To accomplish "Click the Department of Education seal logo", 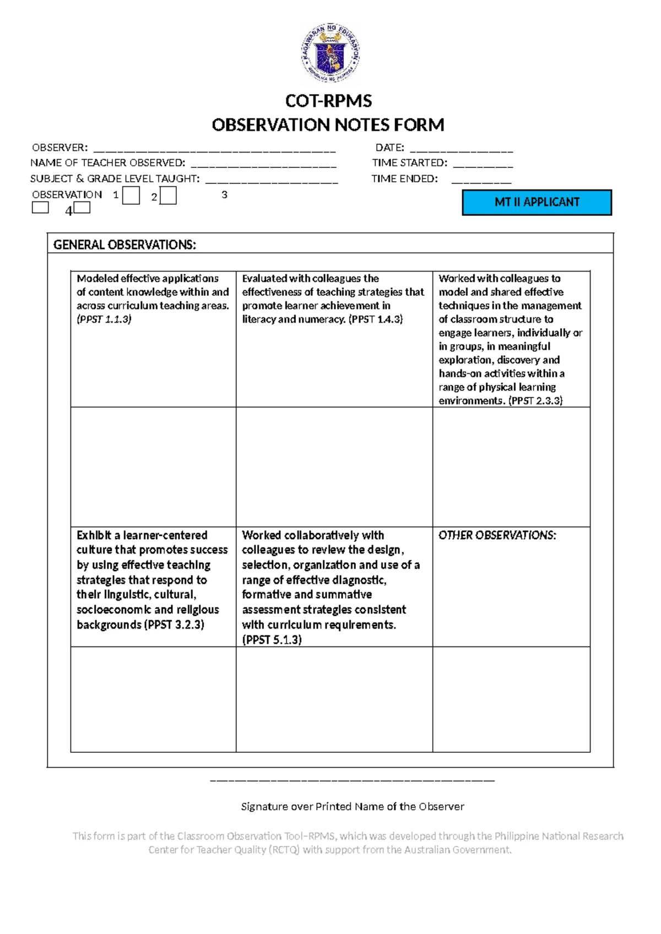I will point(330,53).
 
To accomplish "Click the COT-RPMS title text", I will point(328,101).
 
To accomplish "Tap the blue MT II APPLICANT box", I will point(537,202).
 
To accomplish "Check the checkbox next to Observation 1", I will point(131,196).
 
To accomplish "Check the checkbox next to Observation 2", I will point(168,196).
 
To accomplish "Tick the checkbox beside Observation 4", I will point(82,208).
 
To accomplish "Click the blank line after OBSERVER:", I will point(214,149).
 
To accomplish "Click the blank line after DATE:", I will point(462,149).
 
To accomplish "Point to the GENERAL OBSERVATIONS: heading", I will point(124,245).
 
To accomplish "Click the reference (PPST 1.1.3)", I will point(104,319).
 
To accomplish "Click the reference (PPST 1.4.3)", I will point(376,319).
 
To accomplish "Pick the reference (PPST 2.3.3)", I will point(535,401).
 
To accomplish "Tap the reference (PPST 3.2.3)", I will point(174,625).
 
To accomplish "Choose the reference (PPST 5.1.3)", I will point(272,640).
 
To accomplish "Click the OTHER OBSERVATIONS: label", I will point(497,535).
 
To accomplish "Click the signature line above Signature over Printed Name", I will point(353,780).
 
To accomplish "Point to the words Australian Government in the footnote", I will point(458,850).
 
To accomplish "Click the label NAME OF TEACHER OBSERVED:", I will point(108,163).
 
